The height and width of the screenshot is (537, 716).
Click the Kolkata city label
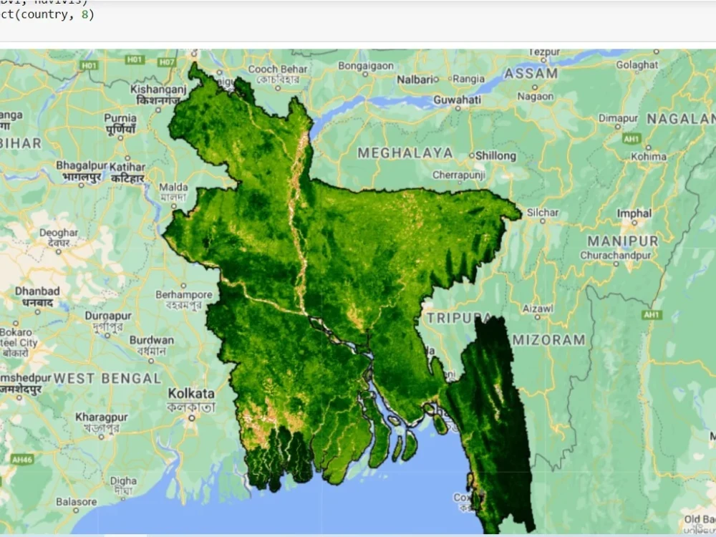[x=191, y=394]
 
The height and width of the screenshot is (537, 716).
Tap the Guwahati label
[x=457, y=100]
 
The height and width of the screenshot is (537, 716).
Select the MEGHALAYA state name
[x=405, y=153]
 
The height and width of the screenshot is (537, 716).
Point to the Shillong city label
[x=495, y=155]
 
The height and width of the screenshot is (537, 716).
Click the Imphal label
[x=634, y=213]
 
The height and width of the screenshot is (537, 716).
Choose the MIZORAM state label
[x=548, y=340]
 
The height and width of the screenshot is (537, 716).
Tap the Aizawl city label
[x=537, y=308]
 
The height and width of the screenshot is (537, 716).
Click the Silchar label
[x=542, y=213]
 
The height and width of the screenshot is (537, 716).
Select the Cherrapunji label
[x=459, y=175]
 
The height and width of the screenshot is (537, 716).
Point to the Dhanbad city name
[x=37, y=291]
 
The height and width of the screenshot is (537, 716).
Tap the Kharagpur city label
[x=102, y=417]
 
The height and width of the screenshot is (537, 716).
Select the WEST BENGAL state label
[x=107, y=378]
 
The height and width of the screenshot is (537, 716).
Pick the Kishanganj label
[x=158, y=89]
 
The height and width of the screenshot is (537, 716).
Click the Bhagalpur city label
[x=82, y=165]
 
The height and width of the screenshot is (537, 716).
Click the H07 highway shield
[x=166, y=63]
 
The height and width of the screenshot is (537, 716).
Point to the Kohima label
[x=649, y=156]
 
